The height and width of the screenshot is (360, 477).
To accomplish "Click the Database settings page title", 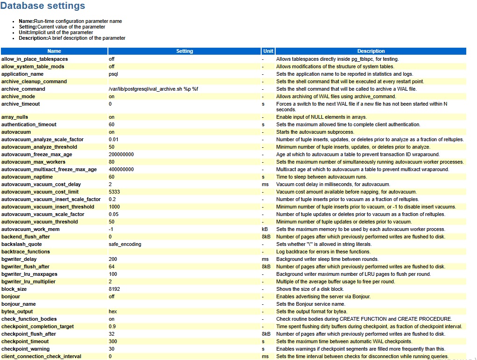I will [43, 6].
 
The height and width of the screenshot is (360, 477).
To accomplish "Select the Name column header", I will [54, 51].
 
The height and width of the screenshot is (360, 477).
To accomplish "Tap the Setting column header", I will [185, 51].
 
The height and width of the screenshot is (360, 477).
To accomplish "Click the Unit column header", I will [268, 51].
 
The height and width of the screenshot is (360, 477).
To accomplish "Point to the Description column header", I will [371, 51].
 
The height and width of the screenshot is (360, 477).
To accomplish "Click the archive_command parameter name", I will [23, 89].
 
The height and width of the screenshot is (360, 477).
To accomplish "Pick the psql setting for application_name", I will [114, 74].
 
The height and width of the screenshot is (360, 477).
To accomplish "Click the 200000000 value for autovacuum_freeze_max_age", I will [121, 154].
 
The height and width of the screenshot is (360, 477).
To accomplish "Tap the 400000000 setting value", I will [121, 169].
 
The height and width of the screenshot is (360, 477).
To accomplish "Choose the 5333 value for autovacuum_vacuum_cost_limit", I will [114, 192].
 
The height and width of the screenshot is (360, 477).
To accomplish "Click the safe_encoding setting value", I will [125, 244].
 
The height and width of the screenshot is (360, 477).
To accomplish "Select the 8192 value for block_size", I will [114, 289].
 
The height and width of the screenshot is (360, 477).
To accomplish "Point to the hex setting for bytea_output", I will [113, 311].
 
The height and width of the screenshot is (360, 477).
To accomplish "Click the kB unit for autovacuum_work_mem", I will [265, 229].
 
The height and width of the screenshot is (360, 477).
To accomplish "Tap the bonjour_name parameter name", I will [19, 304].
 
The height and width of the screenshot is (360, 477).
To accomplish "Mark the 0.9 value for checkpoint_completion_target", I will [112, 326].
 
